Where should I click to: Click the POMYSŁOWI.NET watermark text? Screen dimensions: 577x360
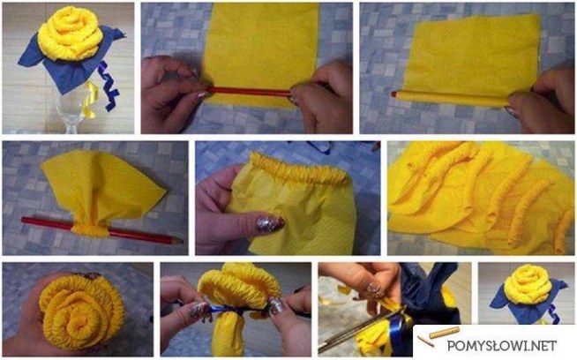coord(501,345)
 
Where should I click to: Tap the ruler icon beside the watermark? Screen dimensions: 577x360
coord(445,332)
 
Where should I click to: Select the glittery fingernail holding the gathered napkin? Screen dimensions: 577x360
coord(270,224)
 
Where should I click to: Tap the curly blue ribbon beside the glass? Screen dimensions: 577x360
coord(109,86)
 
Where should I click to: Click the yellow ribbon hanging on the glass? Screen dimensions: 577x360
coord(89,100)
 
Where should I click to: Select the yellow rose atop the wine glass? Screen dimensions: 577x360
coord(70,34)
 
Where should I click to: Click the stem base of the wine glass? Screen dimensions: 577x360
coord(71,128)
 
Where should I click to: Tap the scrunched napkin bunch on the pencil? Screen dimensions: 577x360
coord(91,229)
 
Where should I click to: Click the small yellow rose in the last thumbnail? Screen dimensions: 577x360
coord(528,284)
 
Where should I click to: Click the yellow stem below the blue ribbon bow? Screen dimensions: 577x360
coord(228,334)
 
